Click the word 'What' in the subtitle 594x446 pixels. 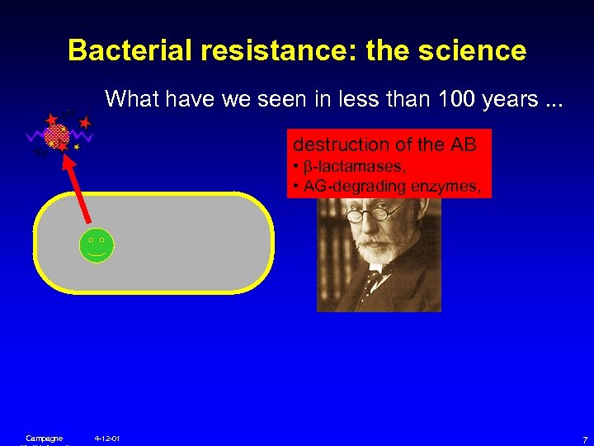pos(132,100)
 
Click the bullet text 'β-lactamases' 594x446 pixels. pos(342,169)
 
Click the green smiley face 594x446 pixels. pos(97,245)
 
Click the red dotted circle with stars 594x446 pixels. pos(56,135)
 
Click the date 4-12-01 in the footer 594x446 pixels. pos(107,438)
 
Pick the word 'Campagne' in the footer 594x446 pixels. pos(45,438)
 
